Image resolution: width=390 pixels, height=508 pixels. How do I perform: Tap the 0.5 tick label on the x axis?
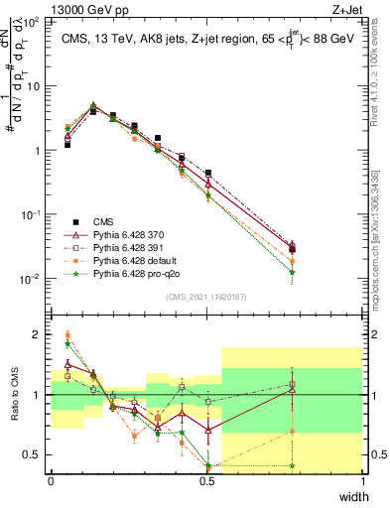[x=206, y=481]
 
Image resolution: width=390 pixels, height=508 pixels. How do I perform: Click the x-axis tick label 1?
[x=362, y=481]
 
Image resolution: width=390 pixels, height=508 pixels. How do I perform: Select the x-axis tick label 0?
[x=51, y=481]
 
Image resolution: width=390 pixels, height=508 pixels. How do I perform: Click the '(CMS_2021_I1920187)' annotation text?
[x=206, y=297]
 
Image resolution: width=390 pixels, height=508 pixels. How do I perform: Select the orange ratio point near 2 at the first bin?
[x=66, y=335]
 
